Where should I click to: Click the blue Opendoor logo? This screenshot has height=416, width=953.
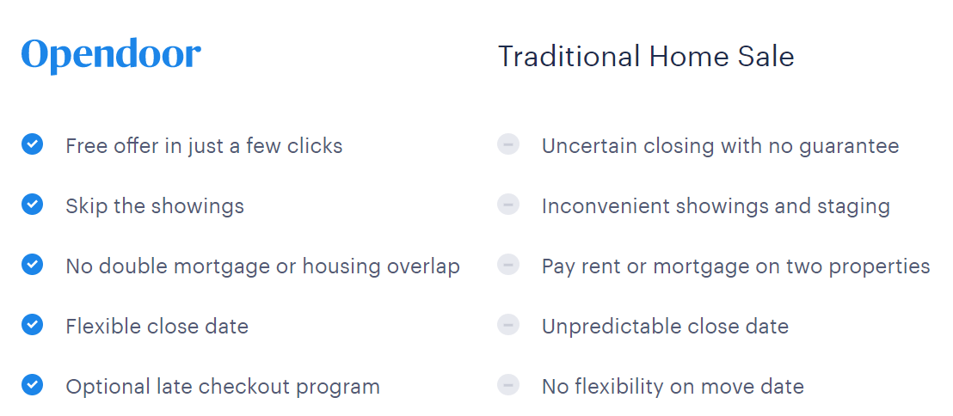[111, 56]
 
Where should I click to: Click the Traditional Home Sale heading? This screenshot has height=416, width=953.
[646, 57]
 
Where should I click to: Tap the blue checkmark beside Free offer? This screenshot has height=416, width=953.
[32, 144]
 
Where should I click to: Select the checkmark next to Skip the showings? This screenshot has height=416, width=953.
[32, 205]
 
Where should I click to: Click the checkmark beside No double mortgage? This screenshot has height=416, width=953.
[32, 265]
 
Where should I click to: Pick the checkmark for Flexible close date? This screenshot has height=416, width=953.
[32, 325]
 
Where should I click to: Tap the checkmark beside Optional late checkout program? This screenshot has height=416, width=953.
[32, 385]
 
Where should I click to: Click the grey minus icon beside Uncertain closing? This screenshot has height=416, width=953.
[508, 144]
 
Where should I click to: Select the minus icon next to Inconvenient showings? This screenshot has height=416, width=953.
[508, 205]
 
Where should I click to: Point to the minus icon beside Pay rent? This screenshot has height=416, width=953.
[508, 265]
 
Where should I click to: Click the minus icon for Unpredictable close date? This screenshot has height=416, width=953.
[508, 325]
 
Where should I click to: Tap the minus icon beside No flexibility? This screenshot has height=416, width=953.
[508, 385]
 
